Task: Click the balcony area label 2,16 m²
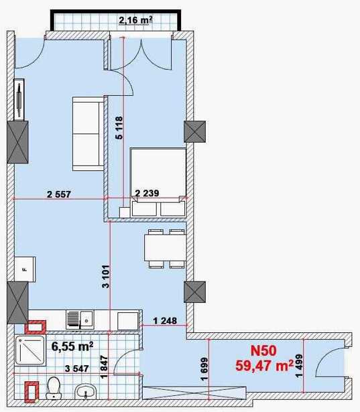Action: click(x=135, y=20)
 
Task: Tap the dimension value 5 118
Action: click(x=119, y=128)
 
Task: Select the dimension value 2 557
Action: click(x=59, y=194)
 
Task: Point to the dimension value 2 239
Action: click(x=147, y=193)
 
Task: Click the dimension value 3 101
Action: click(x=106, y=277)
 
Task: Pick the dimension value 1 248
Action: click(x=165, y=321)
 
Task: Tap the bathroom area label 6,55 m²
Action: click(x=72, y=346)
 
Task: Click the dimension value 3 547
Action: click(x=77, y=368)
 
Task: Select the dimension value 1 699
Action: click(x=204, y=369)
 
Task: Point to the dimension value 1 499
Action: click(x=299, y=366)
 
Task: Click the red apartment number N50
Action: click(x=263, y=351)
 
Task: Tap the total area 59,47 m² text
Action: click(x=265, y=366)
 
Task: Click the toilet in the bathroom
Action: click(x=54, y=388)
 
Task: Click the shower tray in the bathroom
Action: click(x=30, y=350)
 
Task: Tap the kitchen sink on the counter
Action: click(x=80, y=320)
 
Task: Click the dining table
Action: click(x=165, y=248)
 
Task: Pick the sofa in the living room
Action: click(x=88, y=134)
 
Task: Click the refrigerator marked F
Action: click(x=25, y=269)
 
